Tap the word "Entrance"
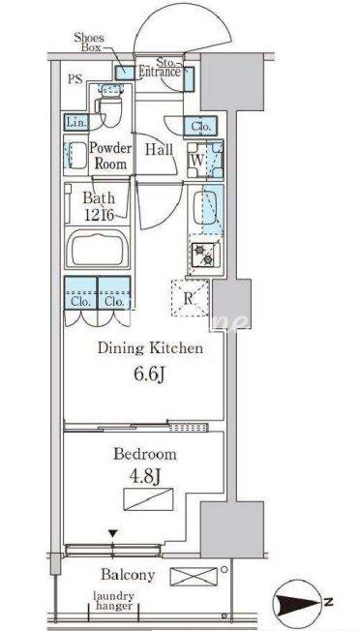(160, 73)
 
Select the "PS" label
(75, 79)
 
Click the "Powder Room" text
(109, 156)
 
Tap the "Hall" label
(160, 150)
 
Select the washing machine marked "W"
(205, 160)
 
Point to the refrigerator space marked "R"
(191, 298)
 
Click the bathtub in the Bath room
(97, 249)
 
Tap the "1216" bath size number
(99, 215)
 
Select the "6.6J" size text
(149, 376)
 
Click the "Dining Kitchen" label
(150, 348)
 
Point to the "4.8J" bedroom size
(145, 477)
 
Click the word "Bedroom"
(145, 454)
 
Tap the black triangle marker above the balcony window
(113, 534)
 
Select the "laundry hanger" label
(113, 600)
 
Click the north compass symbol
(299, 603)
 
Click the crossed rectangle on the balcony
(194, 576)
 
